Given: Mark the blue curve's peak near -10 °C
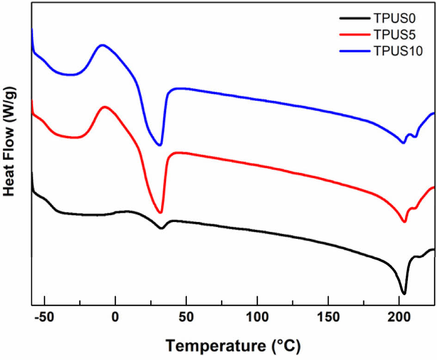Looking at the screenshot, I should click(102, 45).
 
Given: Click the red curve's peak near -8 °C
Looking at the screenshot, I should click(105, 107).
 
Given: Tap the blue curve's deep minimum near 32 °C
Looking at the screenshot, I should click(160, 145).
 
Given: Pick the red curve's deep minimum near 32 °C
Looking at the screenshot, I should click(160, 212).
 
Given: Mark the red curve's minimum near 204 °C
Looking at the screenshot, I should click(404, 222).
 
